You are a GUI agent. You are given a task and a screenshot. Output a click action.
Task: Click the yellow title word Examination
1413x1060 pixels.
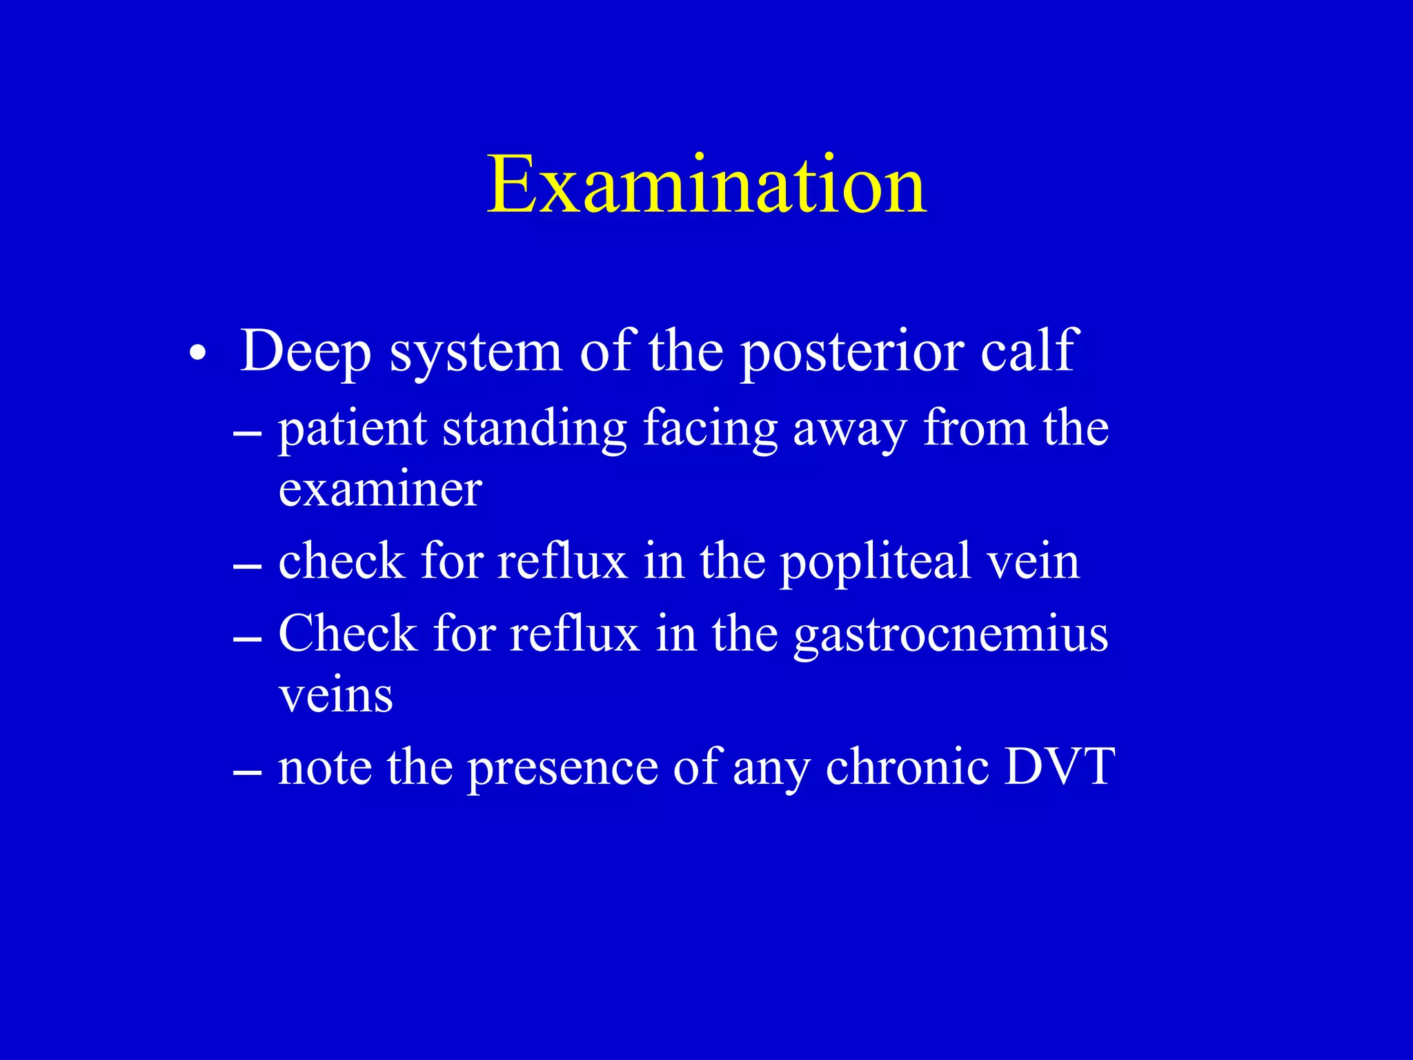pos(706,185)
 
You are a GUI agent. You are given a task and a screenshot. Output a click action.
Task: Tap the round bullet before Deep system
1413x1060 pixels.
pos(198,354)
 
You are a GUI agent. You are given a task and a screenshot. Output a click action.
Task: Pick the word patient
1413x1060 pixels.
pos(352,430)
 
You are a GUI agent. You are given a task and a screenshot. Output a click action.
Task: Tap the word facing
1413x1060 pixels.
pos(709,430)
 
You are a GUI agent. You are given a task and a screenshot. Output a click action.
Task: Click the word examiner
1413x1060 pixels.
pos(380,489)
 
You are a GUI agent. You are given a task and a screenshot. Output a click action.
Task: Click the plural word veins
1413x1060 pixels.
pos(336,695)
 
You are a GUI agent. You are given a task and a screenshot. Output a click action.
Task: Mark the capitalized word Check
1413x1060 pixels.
pos(348,633)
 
